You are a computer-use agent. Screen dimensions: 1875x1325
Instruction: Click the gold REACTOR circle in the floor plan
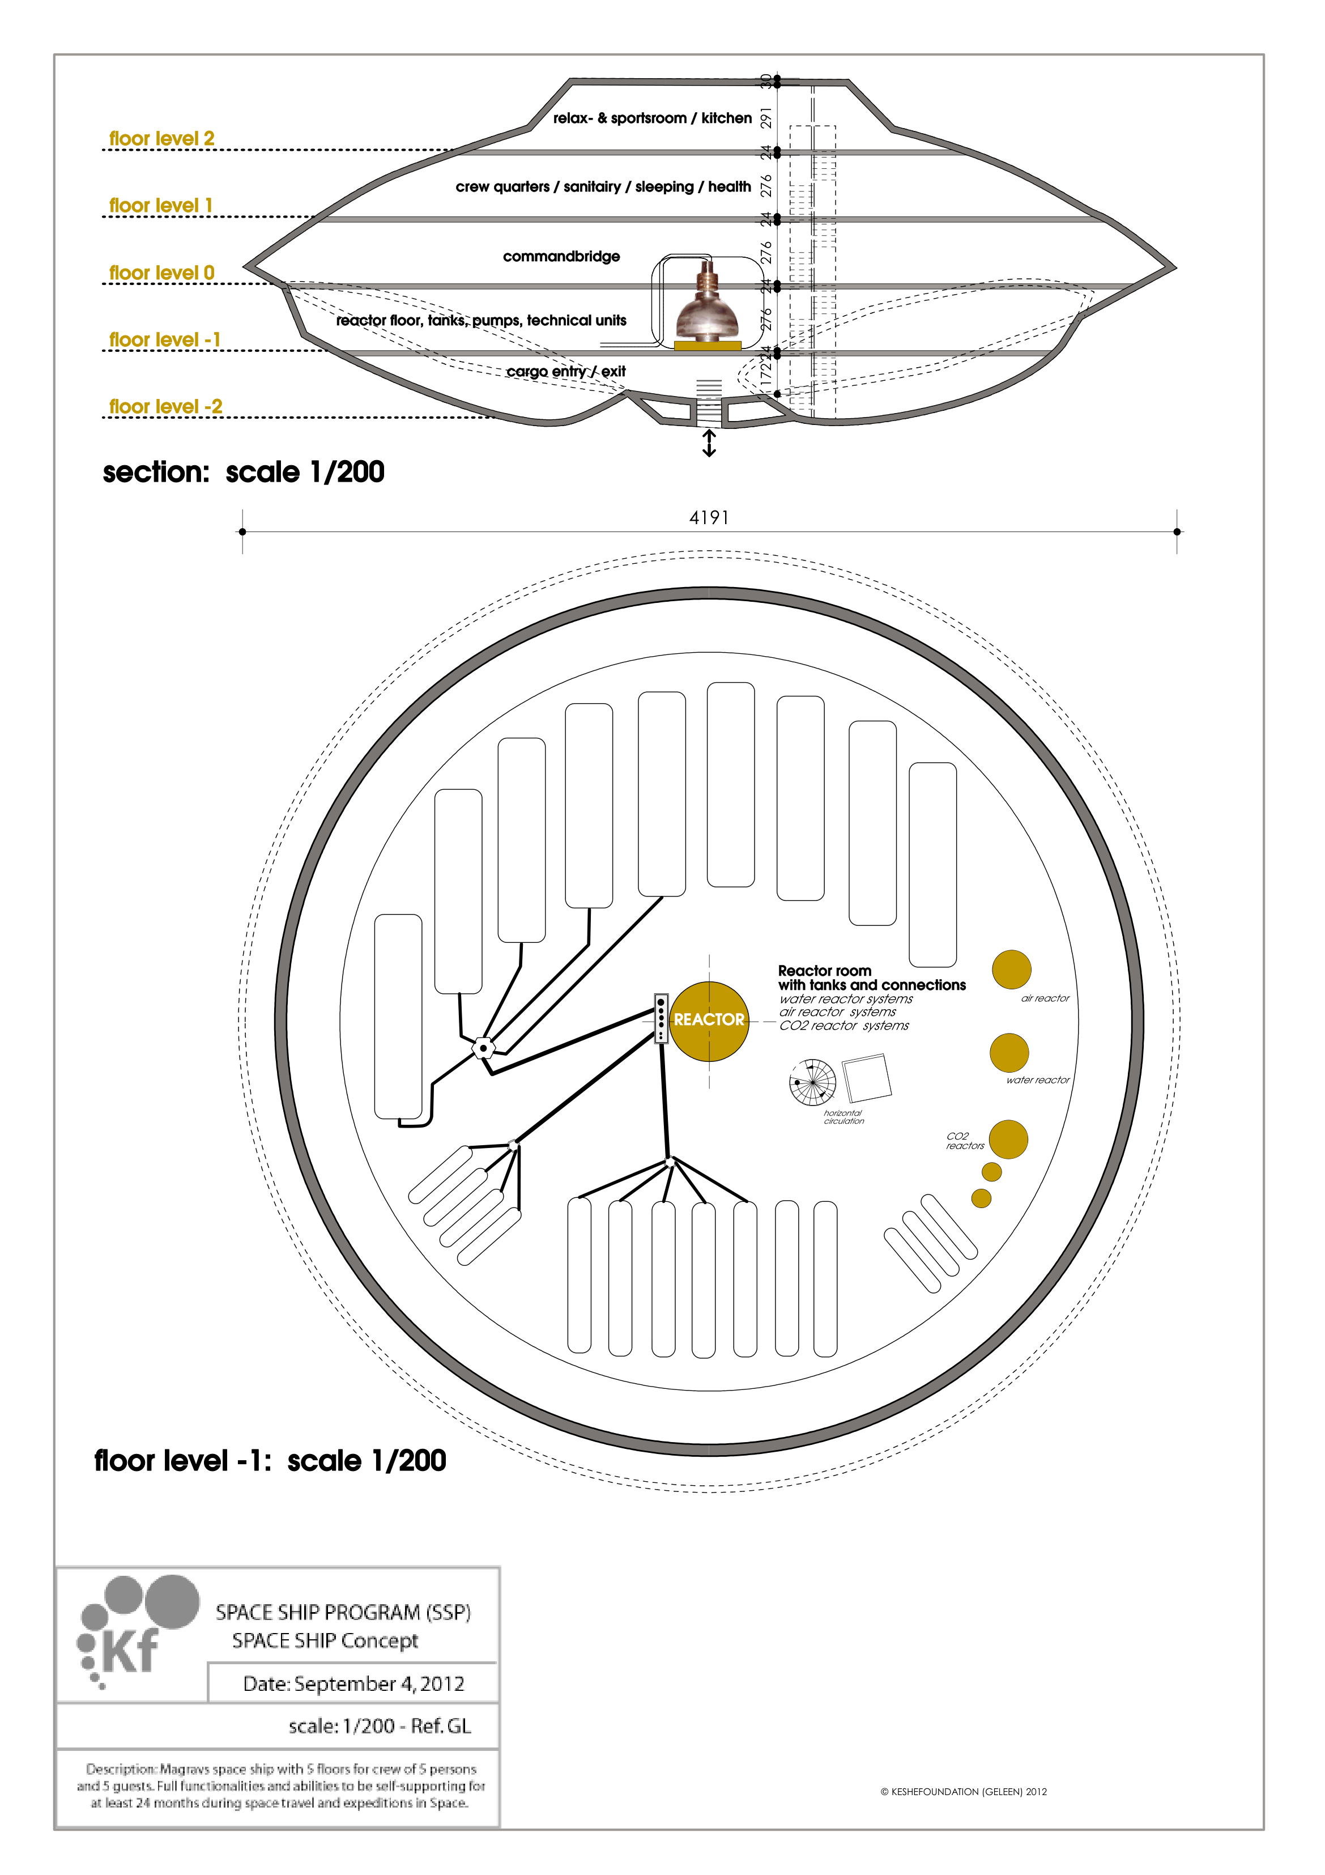[x=709, y=1021]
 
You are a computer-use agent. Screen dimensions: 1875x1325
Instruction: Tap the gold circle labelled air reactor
[x=1011, y=970]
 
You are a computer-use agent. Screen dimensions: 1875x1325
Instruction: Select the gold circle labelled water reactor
[x=1009, y=1053]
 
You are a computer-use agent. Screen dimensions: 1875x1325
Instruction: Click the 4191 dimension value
[x=709, y=518]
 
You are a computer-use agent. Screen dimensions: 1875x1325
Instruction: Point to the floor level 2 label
[x=161, y=139]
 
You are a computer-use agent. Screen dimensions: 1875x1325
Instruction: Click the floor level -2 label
[x=166, y=407]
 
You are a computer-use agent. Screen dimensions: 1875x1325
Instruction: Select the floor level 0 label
[x=161, y=273]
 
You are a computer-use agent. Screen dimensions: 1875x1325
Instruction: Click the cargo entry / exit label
[x=566, y=372]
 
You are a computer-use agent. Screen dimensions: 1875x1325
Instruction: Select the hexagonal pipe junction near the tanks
[x=483, y=1047]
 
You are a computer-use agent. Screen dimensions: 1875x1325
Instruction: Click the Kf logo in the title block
[x=131, y=1633]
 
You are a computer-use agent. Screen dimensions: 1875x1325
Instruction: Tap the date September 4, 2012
[x=353, y=1684]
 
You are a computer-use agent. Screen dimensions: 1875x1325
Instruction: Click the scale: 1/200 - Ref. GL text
[x=380, y=1727]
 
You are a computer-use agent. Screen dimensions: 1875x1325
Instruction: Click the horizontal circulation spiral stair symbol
[x=812, y=1082]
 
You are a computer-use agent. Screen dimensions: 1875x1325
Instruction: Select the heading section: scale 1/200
[x=243, y=472]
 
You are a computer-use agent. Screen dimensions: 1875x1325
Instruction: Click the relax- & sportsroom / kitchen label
[x=652, y=118]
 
